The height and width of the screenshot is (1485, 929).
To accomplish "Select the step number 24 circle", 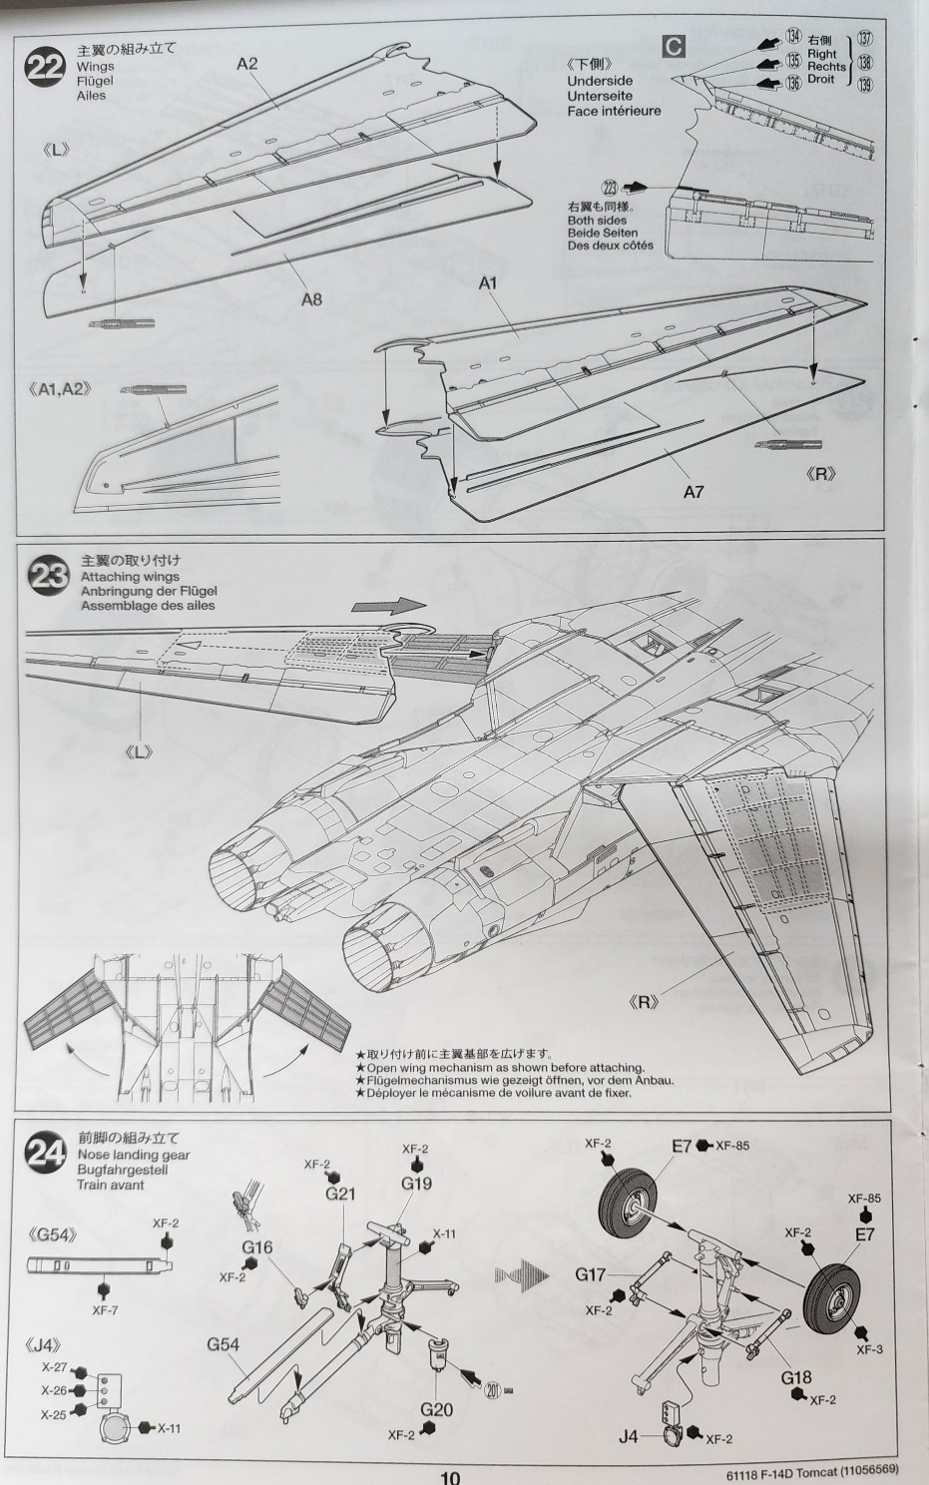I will [46, 1156].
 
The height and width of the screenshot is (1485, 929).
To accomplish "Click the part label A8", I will [311, 298].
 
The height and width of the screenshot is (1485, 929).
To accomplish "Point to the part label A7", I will [694, 491].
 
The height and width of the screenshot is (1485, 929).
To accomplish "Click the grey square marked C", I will [674, 45].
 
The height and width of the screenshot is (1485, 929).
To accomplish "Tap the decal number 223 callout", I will [611, 187].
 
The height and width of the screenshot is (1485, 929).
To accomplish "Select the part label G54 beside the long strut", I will [223, 1343].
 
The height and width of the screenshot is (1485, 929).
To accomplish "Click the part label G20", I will [436, 1409].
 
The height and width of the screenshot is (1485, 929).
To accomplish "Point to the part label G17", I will [590, 1274].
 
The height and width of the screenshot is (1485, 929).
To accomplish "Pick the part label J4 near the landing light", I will [628, 1436].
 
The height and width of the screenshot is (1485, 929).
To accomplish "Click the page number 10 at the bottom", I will [450, 1477].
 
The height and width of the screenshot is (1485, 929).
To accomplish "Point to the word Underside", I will [600, 81].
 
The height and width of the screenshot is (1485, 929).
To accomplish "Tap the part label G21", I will [340, 1193].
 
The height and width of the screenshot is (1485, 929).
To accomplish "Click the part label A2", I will [247, 64].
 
